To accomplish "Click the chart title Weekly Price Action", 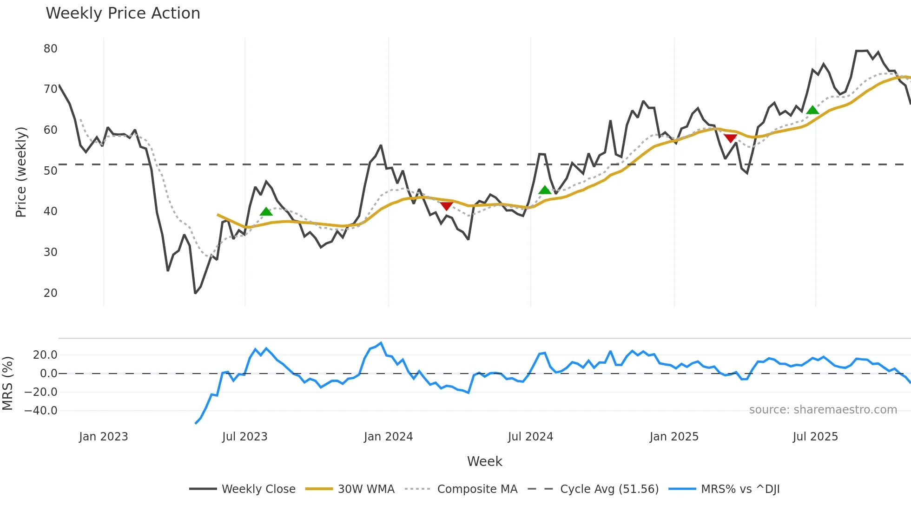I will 123,13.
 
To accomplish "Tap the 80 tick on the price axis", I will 50,49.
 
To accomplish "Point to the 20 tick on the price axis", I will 50,293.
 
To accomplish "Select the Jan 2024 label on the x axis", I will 388,437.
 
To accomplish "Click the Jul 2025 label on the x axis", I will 815,437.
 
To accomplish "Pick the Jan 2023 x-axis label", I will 103,437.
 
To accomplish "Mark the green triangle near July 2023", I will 266,212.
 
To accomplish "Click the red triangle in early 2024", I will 446,206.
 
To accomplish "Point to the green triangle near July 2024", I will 545,190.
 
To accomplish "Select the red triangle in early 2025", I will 730,138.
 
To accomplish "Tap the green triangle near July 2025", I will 812,110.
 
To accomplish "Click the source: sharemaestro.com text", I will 823,410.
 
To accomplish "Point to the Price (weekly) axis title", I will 21,172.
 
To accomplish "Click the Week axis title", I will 484,461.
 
